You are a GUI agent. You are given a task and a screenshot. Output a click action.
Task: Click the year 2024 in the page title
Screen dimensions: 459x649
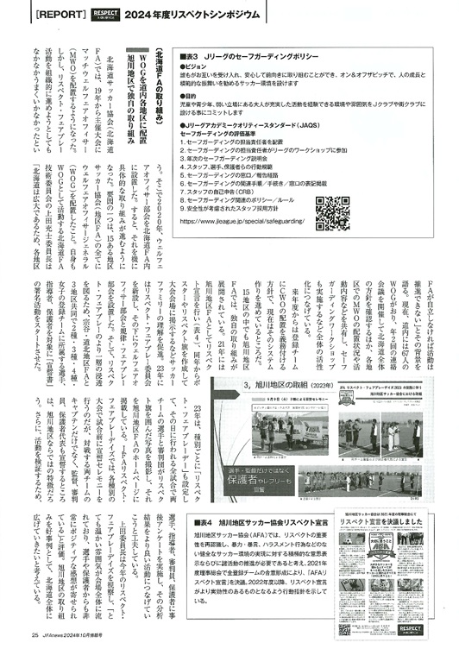click(x=152, y=15)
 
